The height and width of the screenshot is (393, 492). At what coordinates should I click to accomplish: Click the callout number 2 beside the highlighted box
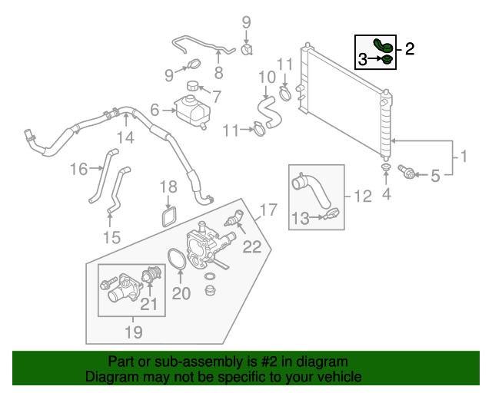[409, 50]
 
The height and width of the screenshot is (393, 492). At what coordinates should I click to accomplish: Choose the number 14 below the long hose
[125, 138]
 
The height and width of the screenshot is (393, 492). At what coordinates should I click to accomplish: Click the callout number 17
[267, 209]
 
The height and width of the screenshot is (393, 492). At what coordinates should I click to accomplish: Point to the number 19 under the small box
[133, 332]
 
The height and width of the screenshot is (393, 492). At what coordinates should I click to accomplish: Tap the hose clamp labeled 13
[331, 216]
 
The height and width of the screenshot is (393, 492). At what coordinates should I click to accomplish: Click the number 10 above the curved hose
[266, 77]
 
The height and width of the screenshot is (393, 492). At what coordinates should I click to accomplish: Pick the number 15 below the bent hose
[112, 237]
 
